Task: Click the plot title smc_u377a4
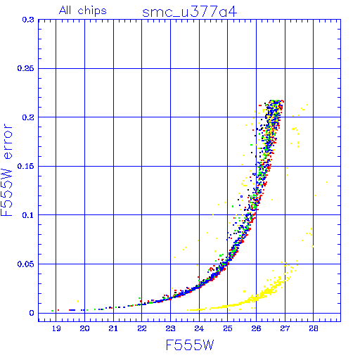click(x=190, y=12)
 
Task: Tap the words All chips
click(x=83, y=11)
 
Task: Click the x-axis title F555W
click(x=190, y=345)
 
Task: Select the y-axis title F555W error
click(x=7, y=170)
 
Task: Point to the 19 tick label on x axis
click(x=56, y=328)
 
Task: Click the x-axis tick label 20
click(x=84, y=328)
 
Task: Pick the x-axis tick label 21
click(x=113, y=328)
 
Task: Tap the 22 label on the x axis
click(x=142, y=328)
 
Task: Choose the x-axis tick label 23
click(x=170, y=328)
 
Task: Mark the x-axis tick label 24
click(x=199, y=328)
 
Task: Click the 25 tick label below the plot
click(x=228, y=328)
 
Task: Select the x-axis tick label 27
click(x=285, y=328)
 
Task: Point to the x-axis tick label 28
click(x=314, y=328)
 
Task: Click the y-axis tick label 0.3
click(x=28, y=20)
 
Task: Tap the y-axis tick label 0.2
click(x=28, y=117)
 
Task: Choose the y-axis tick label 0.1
click(x=28, y=215)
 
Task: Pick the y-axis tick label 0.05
click(x=25, y=264)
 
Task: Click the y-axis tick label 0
click(x=32, y=313)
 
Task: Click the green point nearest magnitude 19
click(x=53, y=311)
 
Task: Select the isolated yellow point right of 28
click(x=327, y=182)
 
